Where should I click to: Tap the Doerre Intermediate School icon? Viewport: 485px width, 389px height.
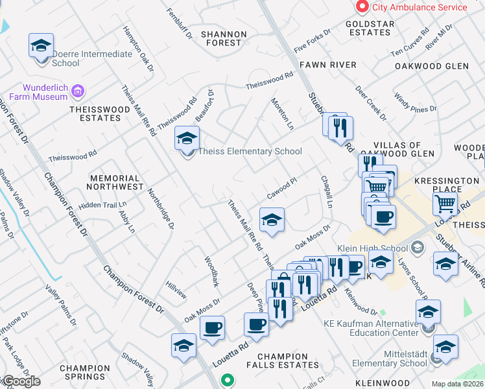[x=41, y=46]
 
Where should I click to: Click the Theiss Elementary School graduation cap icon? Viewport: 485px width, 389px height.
[x=187, y=139]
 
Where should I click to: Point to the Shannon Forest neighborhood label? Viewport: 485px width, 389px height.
[x=223, y=38]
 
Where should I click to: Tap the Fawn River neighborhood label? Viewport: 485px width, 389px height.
[x=327, y=65]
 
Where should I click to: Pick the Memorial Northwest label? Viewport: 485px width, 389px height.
[x=115, y=182]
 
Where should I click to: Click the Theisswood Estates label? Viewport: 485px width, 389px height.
[x=95, y=113]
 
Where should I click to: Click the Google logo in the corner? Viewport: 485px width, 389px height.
[x=21, y=381]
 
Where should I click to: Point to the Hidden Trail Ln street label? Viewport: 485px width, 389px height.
[x=102, y=205]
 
